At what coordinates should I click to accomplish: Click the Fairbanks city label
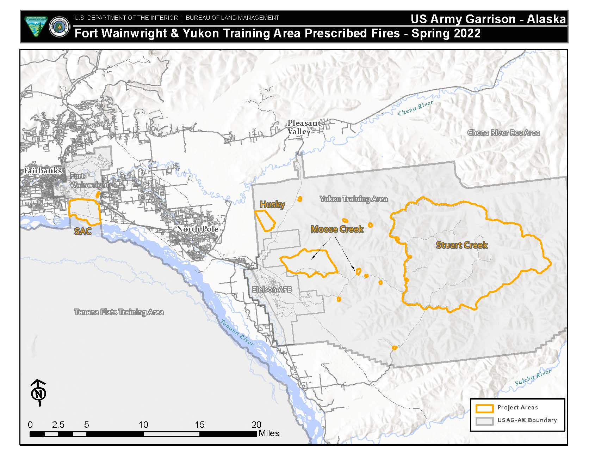click(x=43, y=171)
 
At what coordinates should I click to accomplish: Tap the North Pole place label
click(x=197, y=229)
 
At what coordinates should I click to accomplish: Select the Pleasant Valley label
click(x=304, y=127)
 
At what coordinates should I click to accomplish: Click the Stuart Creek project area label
click(x=461, y=245)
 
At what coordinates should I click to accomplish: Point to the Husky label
click(x=272, y=204)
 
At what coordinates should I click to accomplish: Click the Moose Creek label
click(x=337, y=229)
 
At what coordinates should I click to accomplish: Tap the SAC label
click(x=83, y=232)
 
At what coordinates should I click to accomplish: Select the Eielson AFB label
click(x=272, y=289)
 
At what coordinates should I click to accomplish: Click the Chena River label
click(x=415, y=108)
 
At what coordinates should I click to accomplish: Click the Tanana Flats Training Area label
click(x=119, y=312)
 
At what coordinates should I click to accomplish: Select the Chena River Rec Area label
click(x=503, y=133)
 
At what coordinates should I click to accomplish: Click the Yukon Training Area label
click(x=353, y=199)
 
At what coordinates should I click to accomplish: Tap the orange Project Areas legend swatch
click(x=484, y=408)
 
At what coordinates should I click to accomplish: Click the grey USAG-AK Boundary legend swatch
click(x=484, y=421)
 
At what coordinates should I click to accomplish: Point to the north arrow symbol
click(x=39, y=392)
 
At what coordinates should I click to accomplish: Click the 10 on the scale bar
click(x=143, y=425)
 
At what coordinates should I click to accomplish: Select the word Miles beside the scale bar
click(x=269, y=433)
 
